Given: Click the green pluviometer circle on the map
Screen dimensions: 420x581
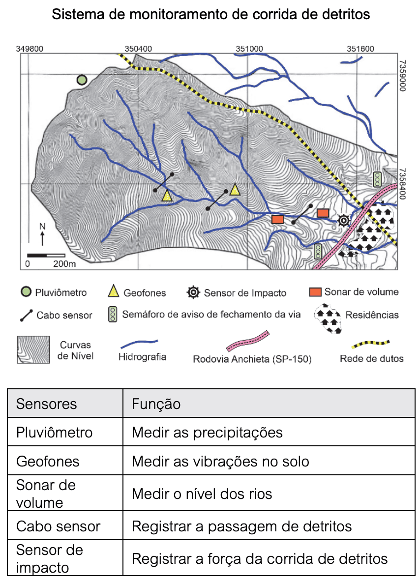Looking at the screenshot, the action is click(x=82, y=80).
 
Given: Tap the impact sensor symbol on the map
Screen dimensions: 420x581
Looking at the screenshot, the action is click(x=344, y=221).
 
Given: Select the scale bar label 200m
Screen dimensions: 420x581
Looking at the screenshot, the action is click(x=64, y=264).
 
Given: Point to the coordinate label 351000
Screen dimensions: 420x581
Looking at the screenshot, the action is click(x=249, y=49).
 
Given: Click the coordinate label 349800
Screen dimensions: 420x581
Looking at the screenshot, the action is click(x=30, y=49).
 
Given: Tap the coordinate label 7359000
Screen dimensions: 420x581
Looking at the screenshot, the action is click(x=403, y=76).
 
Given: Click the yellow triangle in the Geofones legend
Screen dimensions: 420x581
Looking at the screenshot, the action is click(x=114, y=291).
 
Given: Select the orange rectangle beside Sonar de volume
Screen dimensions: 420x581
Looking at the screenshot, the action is click(x=315, y=292).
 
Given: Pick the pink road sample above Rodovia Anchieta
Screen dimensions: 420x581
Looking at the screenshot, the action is click(x=248, y=341).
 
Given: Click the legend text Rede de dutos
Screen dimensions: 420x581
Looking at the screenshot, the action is click(x=371, y=358).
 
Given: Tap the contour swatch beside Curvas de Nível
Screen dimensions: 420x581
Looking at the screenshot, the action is click(x=33, y=349).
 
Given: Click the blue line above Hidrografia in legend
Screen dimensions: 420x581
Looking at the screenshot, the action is click(x=139, y=344).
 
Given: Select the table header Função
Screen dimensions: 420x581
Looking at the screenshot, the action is click(x=156, y=404).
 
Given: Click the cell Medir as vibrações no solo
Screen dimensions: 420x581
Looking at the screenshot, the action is click(x=220, y=462).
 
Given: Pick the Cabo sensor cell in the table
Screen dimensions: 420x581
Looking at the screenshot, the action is click(x=58, y=526).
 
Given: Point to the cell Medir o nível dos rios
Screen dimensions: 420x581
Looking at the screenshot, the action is click(x=202, y=494).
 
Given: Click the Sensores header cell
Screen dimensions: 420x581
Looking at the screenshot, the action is click(x=46, y=404).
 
